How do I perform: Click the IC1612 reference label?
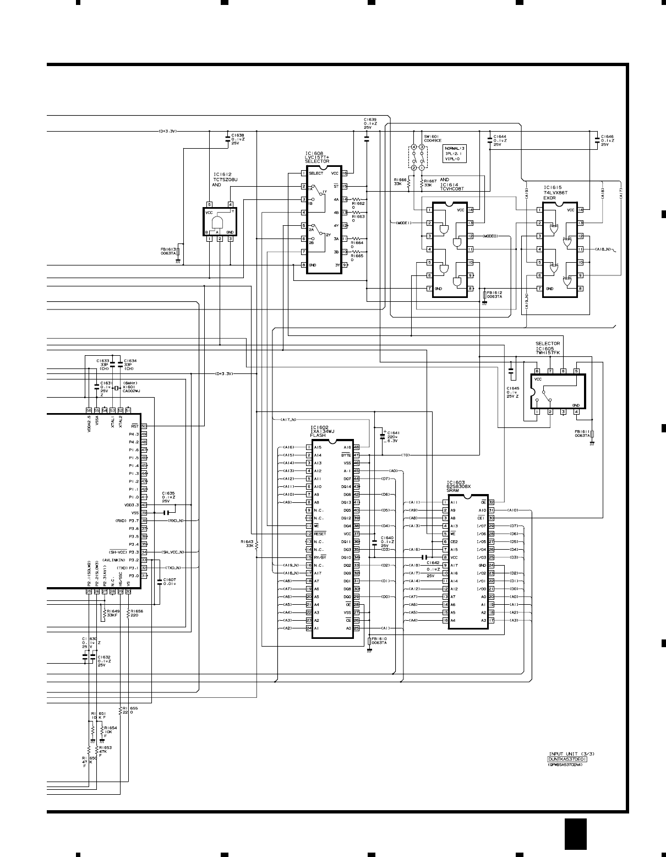click(x=222, y=175)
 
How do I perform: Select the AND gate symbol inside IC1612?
click(x=218, y=222)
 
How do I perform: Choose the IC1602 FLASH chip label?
click(x=320, y=427)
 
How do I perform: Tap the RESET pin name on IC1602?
click(x=320, y=534)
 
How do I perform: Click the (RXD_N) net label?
click(x=175, y=520)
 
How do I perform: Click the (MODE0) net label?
click(x=489, y=236)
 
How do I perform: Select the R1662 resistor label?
click(x=359, y=204)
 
